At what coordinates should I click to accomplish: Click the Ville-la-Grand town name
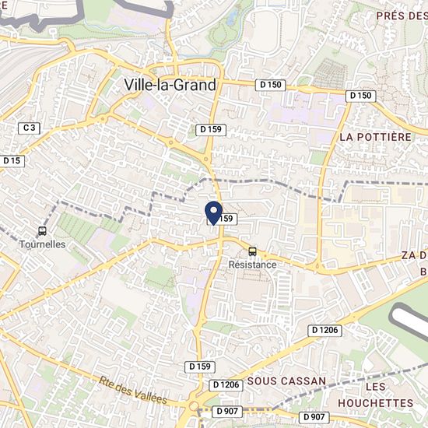click(170, 86)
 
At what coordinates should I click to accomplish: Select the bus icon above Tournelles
click(42, 231)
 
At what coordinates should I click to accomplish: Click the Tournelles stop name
click(42, 244)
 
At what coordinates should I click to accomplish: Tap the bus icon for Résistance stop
click(252, 251)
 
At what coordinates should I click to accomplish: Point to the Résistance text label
click(252, 265)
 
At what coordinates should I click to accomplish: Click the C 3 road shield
click(30, 127)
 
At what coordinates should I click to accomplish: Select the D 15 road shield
click(12, 160)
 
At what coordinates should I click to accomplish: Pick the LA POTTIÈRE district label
click(375, 137)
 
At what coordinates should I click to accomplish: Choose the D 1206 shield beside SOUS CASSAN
click(225, 385)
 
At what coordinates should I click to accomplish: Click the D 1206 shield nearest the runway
click(325, 331)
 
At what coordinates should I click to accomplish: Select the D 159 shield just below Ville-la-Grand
click(211, 129)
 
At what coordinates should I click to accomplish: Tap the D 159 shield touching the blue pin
click(223, 220)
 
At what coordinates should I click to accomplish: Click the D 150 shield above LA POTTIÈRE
click(361, 95)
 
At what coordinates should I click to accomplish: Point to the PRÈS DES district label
click(401, 16)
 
